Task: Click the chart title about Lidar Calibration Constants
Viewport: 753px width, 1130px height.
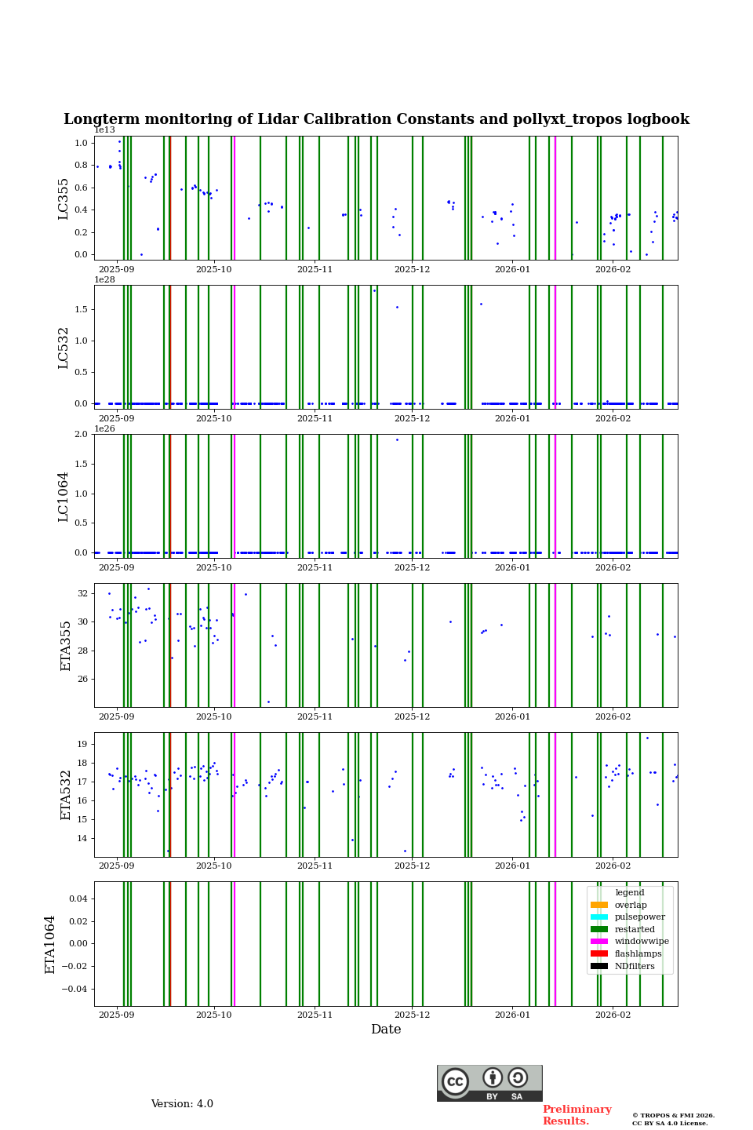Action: tap(376, 119)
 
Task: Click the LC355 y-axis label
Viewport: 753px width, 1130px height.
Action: tap(64, 199)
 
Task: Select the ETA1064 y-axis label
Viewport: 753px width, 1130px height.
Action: tap(50, 944)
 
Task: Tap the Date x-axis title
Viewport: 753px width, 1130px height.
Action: tap(386, 1030)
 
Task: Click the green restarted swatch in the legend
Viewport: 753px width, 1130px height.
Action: tap(599, 929)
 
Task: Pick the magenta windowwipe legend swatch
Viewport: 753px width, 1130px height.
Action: tap(599, 942)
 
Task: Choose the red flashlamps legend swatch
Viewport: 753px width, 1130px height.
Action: tap(599, 954)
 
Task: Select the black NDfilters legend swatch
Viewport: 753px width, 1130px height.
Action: tap(599, 967)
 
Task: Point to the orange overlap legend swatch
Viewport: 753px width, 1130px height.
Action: tap(599, 905)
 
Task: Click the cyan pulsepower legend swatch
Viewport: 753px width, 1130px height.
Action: tap(599, 917)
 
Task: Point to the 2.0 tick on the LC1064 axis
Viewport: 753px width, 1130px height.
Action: tap(81, 435)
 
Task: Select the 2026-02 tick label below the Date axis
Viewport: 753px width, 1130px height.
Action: tap(613, 1015)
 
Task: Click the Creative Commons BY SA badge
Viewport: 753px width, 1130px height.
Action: tap(489, 1083)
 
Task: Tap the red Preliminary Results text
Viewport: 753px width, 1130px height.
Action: tap(577, 1115)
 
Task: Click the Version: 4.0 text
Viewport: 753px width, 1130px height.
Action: tap(182, 1104)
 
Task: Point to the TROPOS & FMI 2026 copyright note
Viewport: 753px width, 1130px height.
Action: tap(673, 1119)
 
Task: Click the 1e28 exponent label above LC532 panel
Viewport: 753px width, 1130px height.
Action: tap(104, 279)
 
